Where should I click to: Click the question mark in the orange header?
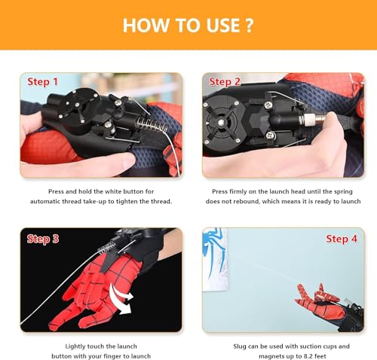pyautogui.click(x=249, y=25)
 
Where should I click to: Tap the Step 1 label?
pyautogui.click(x=43, y=81)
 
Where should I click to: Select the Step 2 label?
pyautogui.click(x=225, y=81)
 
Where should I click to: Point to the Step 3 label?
pyautogui.click(x=43, y=239)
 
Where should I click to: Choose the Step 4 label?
pyautogui.click(x=342, y=239)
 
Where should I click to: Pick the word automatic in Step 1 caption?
pyautogui.click(x=49, y=202)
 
